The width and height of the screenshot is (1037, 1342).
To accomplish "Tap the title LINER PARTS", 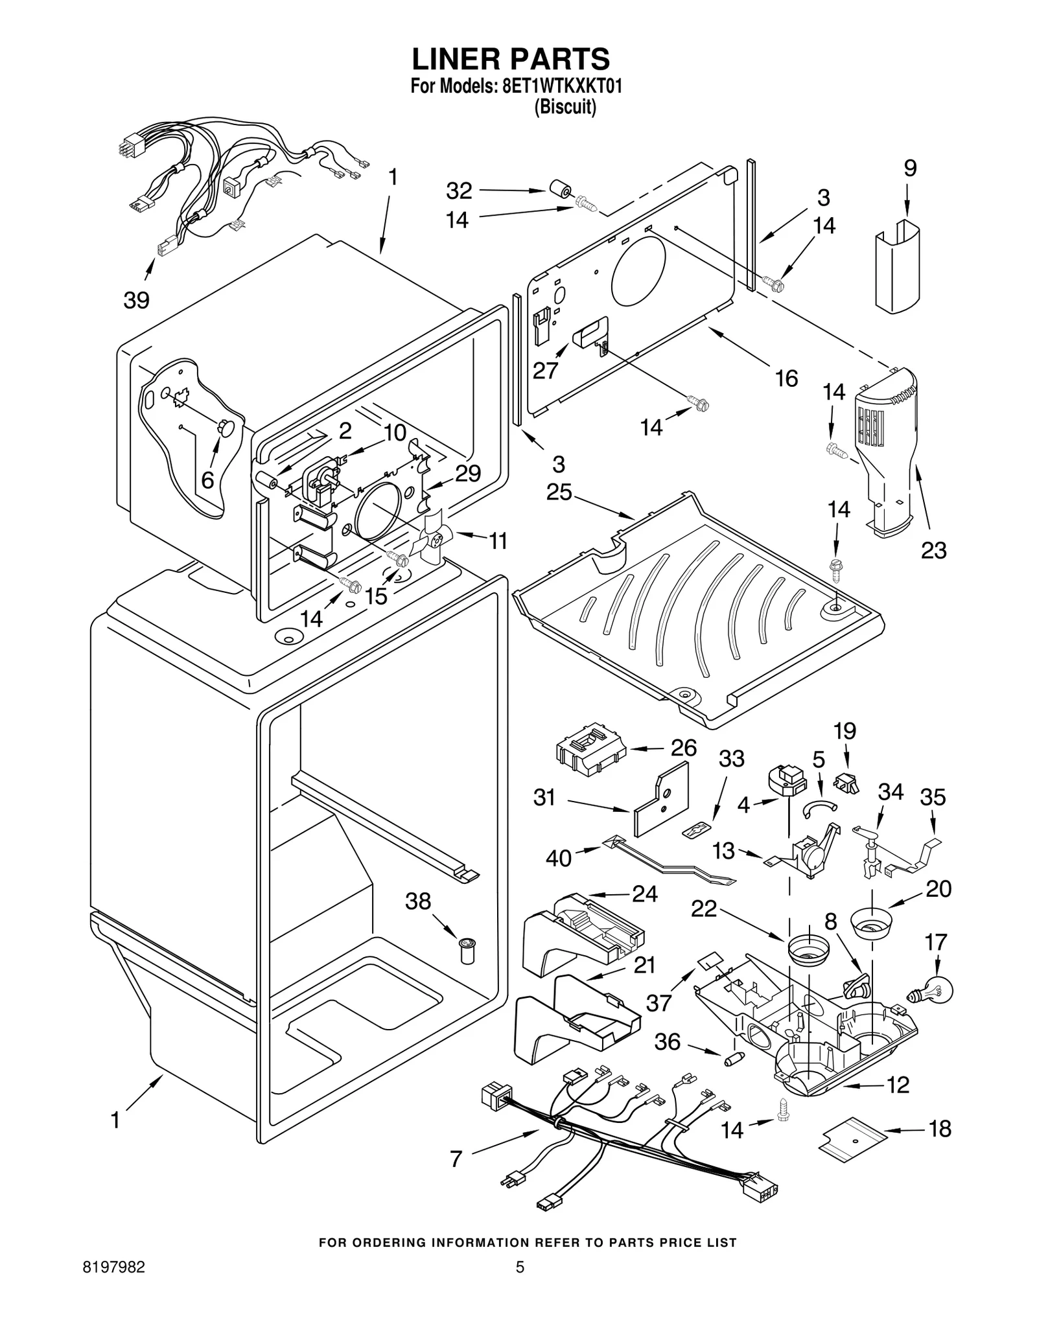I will (x=511, y=59).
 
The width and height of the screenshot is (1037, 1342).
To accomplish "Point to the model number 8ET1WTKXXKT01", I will (x=562, y=87).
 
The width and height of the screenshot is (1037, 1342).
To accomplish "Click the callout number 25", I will (x=559, y=492).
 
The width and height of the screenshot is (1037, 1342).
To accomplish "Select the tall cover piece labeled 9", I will (x=897, y=266).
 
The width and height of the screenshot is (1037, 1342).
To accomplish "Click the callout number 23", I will (x=933, y=550).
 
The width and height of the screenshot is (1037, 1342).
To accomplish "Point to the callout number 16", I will (x=786, y=378).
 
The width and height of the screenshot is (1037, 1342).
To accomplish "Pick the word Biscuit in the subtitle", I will (x=565, y=107).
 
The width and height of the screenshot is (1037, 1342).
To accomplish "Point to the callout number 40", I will (x=558, y=858).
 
